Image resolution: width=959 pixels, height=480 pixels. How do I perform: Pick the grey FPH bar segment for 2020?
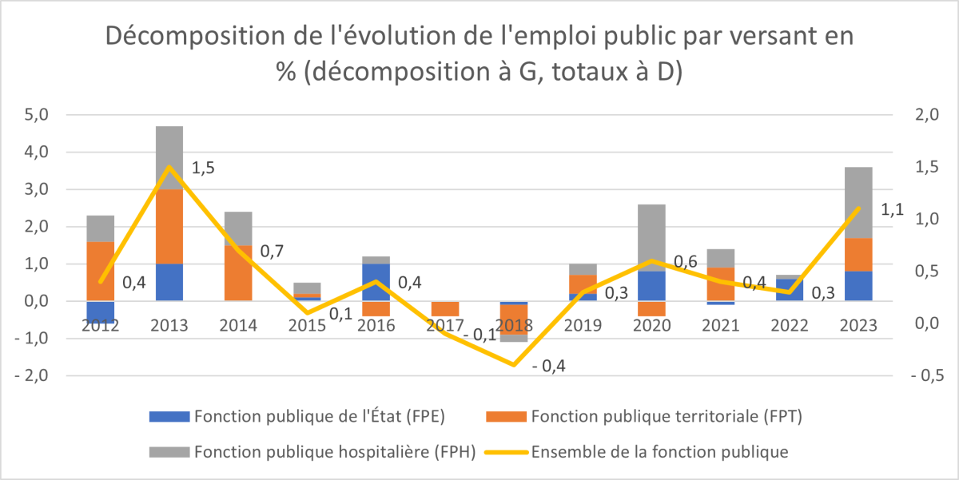[x=652, y=237]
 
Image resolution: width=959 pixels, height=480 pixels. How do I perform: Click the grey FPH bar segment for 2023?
[x=858, y=202]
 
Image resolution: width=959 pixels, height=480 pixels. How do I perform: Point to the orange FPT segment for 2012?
[x=101, y=271]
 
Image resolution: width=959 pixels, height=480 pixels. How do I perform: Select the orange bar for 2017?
[x=445, y=308]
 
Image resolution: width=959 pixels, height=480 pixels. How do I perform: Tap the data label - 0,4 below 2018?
[x=548, y=366]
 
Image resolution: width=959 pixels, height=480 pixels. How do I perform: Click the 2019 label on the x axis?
[x=583, y=325]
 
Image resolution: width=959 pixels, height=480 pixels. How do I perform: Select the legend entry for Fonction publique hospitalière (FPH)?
[x=334, y=451]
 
